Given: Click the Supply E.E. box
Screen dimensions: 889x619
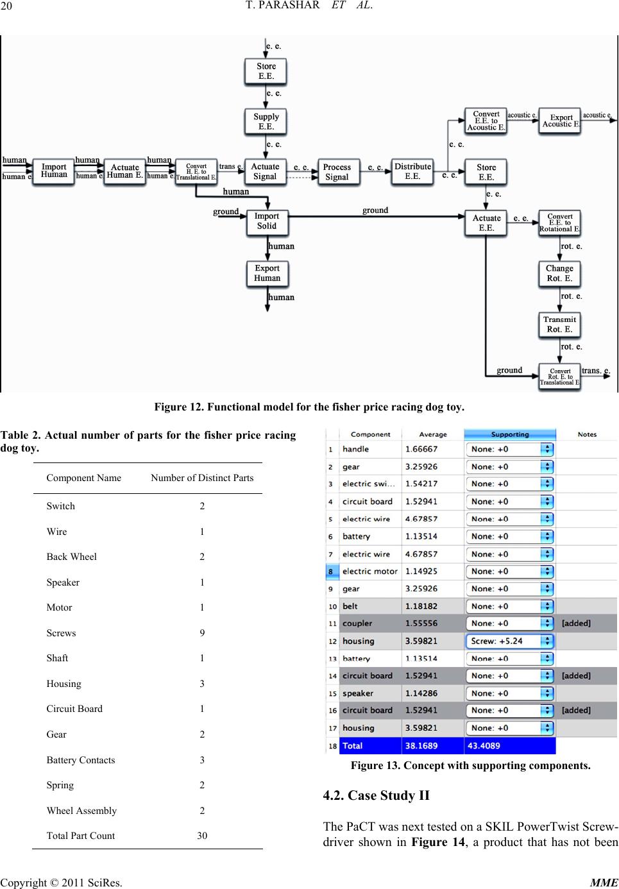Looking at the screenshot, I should pos(266,121).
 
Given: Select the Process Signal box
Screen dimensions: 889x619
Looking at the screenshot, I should pos(337,172).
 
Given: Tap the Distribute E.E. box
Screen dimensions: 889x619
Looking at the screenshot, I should pos(412,171).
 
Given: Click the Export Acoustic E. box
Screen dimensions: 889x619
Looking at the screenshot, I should pos(560,121).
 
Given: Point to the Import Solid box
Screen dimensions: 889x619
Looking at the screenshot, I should pos(267,221).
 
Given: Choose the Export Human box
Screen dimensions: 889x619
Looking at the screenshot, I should pos(267,273).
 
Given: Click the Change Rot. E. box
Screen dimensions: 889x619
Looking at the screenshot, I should pos(559,273).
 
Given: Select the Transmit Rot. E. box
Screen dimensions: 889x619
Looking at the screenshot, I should pos(559,324).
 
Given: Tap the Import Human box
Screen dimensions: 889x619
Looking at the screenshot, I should pos(54,171).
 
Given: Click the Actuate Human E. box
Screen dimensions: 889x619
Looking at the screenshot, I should pos(124,171).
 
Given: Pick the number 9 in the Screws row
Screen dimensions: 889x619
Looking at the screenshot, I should pos(202,633).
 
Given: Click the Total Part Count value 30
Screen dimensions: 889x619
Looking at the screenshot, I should pos(202,836).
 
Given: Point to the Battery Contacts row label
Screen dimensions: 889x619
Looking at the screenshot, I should pos(81,760).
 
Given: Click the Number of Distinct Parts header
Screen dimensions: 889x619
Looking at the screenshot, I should pos(202,478).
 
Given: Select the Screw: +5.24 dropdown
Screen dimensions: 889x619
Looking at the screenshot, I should pos(509,641).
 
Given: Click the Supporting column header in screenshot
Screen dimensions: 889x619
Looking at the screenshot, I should pos(509,434).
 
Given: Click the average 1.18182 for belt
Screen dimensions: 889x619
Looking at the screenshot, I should pos(421,606).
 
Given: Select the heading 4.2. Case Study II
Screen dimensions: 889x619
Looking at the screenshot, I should pos(377,795).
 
